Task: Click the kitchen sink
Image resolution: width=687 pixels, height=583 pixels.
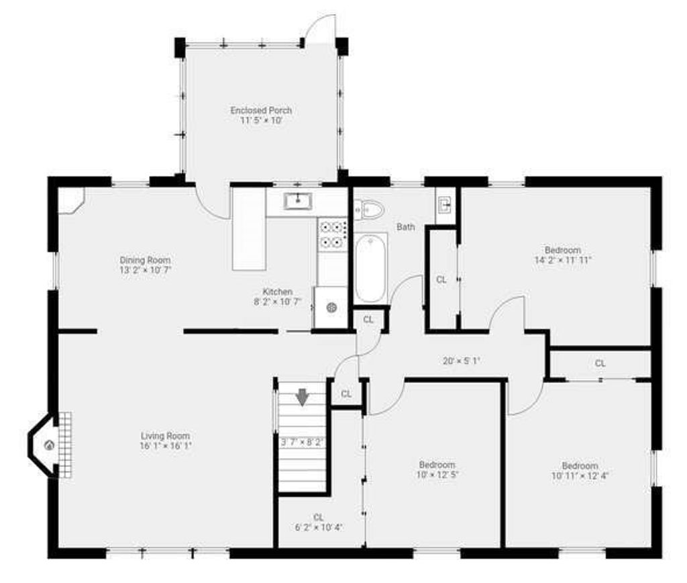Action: [298, 201]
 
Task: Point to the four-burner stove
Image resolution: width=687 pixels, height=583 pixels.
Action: [332, 234]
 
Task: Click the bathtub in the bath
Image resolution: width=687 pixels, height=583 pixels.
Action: [370, 267]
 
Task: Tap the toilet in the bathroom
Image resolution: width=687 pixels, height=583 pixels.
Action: [368, 210]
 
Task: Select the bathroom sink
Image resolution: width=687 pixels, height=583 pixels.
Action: [444, 205]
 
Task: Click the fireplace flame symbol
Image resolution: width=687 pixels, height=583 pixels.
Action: [50, 446]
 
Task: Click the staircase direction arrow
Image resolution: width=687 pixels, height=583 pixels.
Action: [303, 397]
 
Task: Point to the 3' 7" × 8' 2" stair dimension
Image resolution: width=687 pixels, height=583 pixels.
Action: [302, 443]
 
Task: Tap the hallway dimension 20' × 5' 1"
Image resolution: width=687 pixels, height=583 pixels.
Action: [462, 361]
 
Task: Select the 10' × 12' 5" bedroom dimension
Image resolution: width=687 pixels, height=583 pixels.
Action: [437, 474]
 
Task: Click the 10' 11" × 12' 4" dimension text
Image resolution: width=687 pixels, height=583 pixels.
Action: [580, 476]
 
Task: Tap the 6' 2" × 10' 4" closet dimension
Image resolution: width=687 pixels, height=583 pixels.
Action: [319, 527]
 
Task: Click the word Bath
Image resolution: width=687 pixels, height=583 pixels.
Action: [406, 227]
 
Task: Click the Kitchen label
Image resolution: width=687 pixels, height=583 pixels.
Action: [277, 291]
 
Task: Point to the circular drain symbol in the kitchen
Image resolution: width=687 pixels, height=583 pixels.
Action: [331, 308]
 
